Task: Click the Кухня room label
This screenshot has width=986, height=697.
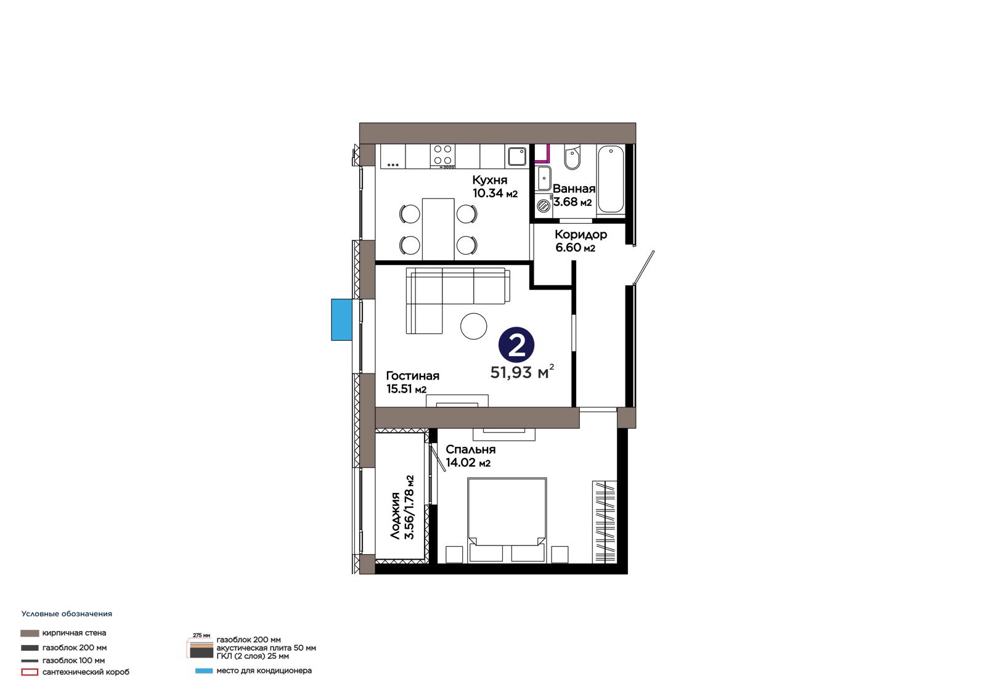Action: click(x=489, y=180)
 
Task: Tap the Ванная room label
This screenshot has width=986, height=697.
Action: click(x=574, y=189)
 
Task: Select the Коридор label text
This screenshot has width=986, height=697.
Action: click(x=581, y=234)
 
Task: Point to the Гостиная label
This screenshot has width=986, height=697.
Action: click(x=412, y=375)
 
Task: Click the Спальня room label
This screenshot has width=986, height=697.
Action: click(x=471, y=449)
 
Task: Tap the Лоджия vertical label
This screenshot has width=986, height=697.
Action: click(x=395, y=516)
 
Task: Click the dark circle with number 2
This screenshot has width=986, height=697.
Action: click(x=516, y=344)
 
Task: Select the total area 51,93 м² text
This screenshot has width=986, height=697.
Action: click(x=522, y=372)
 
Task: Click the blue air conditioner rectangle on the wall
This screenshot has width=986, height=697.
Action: click(x=341, y=320)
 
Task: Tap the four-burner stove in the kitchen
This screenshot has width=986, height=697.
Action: click(x=443, y=157)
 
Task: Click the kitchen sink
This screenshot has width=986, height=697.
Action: click(x=517, y=156)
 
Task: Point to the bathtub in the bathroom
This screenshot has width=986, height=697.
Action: click(x=611, y=180)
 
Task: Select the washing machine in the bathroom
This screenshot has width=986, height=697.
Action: click(x=544, y=206)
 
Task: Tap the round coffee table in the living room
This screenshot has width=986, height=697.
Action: click(x=474, y=326)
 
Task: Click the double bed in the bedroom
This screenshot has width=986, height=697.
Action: click(x=507, y=520)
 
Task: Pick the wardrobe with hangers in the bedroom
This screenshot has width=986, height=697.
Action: click(x=605, y=522)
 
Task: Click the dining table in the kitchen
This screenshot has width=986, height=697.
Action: click(x=438, y=229)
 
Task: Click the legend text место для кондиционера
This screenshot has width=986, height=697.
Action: click(x=264, y=671)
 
